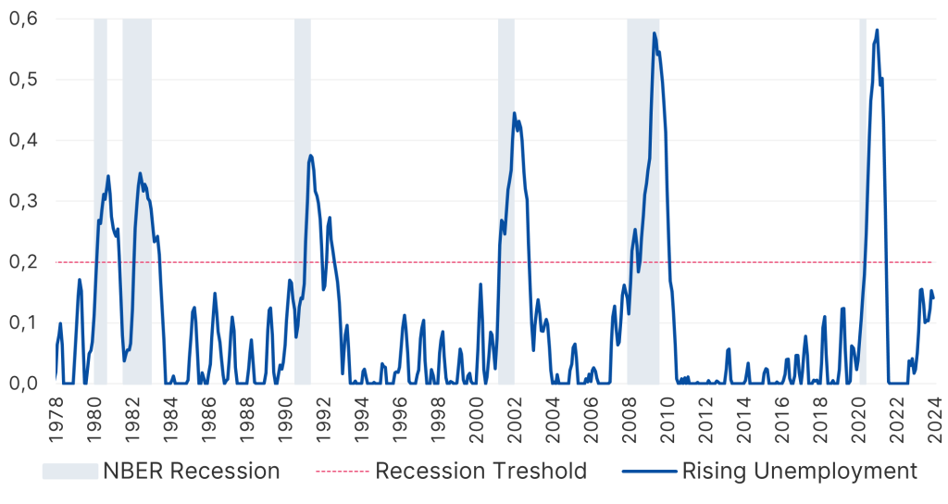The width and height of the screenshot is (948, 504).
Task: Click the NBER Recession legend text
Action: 193,471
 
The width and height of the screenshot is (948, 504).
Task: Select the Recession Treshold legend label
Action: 480,471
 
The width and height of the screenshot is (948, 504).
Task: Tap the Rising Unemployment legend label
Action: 799,471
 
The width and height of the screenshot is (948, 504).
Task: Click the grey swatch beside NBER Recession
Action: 70,471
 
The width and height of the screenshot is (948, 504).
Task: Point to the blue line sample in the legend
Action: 649,471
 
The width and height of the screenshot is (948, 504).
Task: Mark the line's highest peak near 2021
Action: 877,30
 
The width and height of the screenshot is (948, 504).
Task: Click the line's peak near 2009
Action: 654,33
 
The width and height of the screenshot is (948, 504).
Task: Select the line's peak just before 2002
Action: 514,113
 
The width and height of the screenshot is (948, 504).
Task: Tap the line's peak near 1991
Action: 310,155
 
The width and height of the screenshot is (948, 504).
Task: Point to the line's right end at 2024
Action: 934,297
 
